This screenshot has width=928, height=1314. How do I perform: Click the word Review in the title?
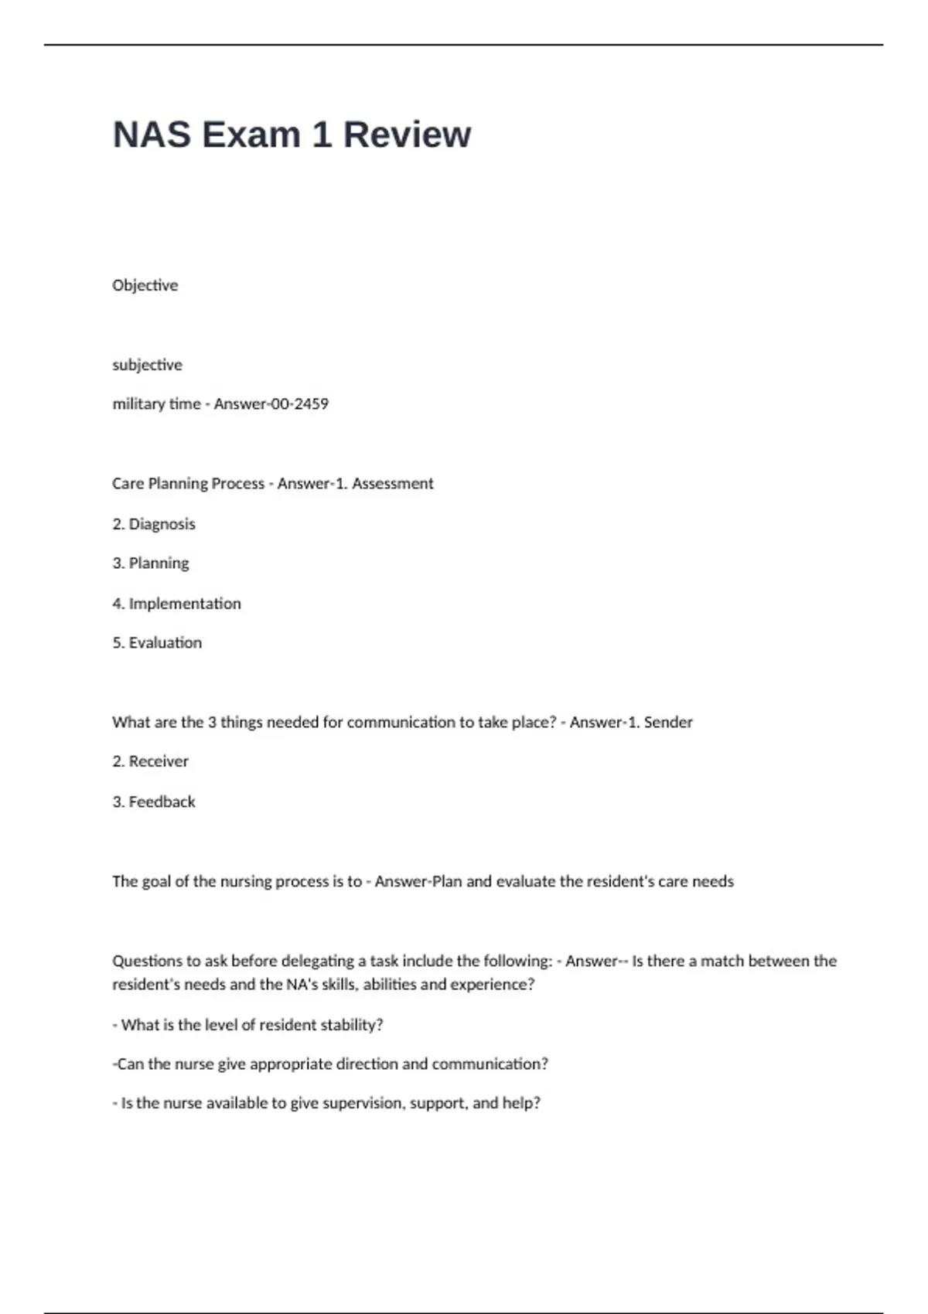[x=407, y=134]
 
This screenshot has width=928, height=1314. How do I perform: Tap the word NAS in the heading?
[x=152, y=134]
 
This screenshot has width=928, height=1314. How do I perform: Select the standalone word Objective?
[x=145, y=285]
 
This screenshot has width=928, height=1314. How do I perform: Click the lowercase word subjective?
[x=147, y=365]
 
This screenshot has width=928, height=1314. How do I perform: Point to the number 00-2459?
[x=299, y=403]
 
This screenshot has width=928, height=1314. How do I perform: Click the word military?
[x=135, y=403]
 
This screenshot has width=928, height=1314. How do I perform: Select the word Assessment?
[x=393, y=483]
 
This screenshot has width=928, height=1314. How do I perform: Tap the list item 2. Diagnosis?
[x=154, y=524]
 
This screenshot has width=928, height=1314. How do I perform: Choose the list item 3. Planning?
[x=151, y=563]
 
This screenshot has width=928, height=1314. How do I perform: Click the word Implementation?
[x=185, y=603]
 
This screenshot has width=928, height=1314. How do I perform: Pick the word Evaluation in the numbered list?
[x=165, y=642]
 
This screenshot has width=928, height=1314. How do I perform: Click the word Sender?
[x=668, y=722]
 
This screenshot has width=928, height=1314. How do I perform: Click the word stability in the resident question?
[x=351, y=1025]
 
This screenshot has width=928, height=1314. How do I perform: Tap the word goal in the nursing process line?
[x=156, y=881]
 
